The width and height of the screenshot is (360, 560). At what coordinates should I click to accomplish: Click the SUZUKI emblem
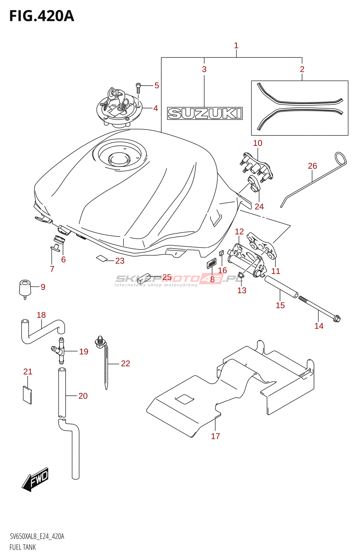tap(205, 113)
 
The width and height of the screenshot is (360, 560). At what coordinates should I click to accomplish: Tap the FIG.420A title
tap(42, 16)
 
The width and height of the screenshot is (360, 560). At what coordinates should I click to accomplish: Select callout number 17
tap(215, 436)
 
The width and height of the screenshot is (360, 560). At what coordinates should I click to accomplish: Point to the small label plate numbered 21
tap(27, 395)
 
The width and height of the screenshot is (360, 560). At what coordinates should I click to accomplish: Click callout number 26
tap(312, 166)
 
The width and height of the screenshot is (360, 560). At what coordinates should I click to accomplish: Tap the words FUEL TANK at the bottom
tap(23, 547)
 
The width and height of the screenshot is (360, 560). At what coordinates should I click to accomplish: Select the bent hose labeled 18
tap(42, 331)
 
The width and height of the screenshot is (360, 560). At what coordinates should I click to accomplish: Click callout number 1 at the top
tap(236, 45)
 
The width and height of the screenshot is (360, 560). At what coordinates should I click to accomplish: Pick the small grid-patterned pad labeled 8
tap(212, 263)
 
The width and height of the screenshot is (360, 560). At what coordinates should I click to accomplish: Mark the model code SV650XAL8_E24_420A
tap(37, 537)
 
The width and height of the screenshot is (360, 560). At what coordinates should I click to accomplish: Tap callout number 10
tap(258, 143)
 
